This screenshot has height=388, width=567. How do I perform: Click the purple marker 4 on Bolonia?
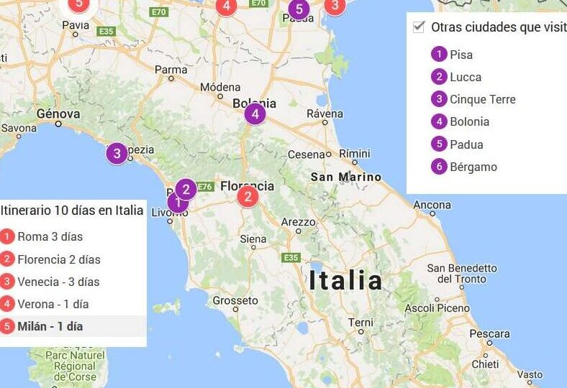coord(255,114)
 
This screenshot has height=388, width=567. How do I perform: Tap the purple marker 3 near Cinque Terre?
coord(117,153)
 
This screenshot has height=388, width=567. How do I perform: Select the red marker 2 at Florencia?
coord(248,197)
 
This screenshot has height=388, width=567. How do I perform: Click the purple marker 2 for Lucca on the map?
coord(186,189)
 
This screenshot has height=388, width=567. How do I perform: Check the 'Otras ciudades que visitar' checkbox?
coord(419,27)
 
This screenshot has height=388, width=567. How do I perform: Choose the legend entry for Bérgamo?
coord(473,167)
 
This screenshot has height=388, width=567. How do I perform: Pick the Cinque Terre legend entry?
coord(482,99)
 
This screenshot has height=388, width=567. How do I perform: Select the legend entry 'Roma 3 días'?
coord(50,236)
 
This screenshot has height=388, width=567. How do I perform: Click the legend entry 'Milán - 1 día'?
coord(50,326)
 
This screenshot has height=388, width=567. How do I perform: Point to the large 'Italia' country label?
coord(346,280)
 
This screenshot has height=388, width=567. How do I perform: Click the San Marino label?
coord(346,176)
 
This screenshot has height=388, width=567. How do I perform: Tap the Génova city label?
coord(58,114)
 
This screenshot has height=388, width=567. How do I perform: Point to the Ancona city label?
coord(432,205)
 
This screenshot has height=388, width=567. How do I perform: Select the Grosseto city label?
coord(235,300)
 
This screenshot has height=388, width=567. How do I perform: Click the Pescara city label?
coord(490,334)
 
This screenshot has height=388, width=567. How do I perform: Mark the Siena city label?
coord(253,239)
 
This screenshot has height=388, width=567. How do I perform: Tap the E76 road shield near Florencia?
coord(205,186)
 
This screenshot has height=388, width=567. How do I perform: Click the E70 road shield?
coord(159,12)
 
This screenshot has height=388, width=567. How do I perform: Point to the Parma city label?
coord(171,70)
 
